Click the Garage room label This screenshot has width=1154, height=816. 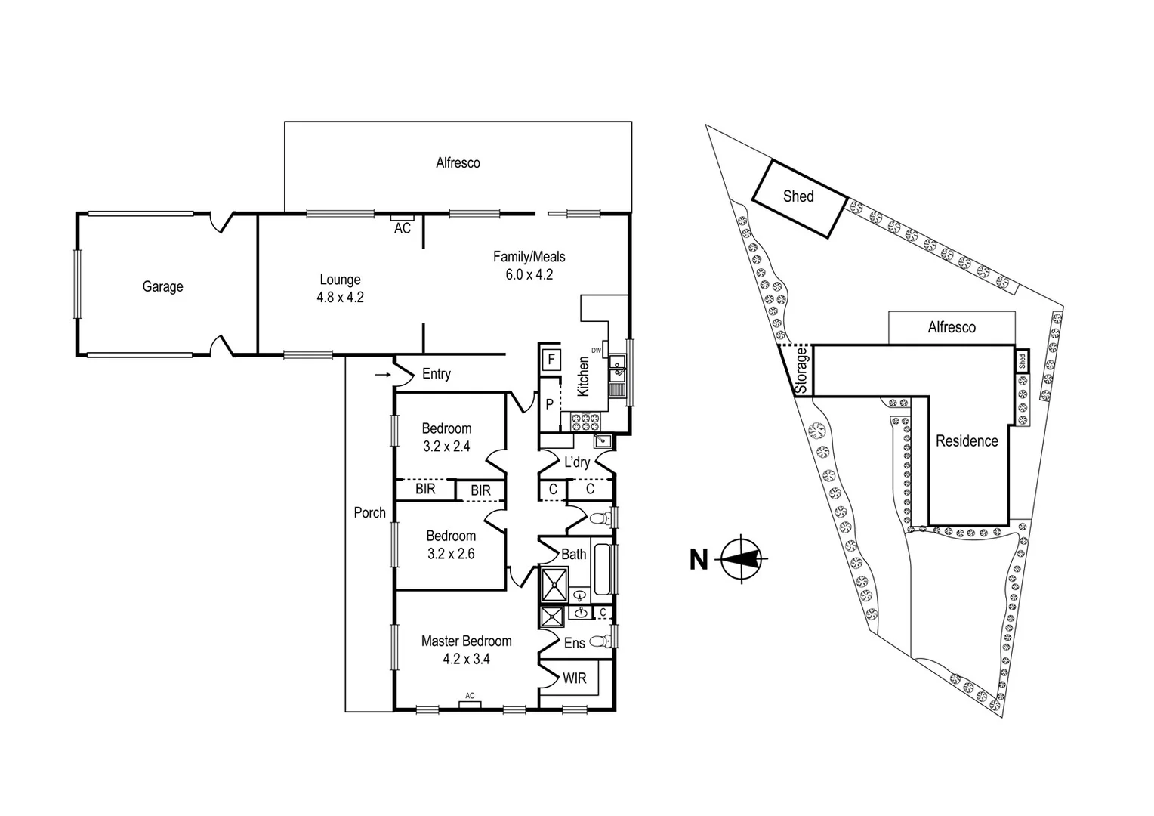tap(162, 286)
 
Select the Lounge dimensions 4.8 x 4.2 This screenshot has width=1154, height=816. tap(340, 298)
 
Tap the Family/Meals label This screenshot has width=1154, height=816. tap(529, 257)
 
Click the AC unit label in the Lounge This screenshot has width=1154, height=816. tap(402, 227)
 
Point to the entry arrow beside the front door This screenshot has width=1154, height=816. tap(383, 374)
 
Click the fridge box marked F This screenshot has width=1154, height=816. tap(551, 360)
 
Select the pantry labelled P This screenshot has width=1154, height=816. tap(549, 404)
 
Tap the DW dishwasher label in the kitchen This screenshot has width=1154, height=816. tap(596, 350)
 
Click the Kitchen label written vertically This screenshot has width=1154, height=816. tap(583, 376)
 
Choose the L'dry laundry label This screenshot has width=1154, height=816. tap(576, 462)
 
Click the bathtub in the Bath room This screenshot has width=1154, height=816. tap(602, 568)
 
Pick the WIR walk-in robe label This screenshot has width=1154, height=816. tap(574, 678)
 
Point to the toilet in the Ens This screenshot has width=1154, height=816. tap(599, 642)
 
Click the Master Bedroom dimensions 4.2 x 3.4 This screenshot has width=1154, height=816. tap(466, 659)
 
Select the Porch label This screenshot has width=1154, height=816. tap(369, 512)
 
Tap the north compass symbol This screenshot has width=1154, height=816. tap(742, 560)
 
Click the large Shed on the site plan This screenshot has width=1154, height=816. tap(798, 197)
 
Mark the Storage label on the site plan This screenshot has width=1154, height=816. tap(801, 370)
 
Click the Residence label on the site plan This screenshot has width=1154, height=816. tap(967, 441)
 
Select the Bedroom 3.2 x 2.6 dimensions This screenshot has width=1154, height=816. tap(450, 554)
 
